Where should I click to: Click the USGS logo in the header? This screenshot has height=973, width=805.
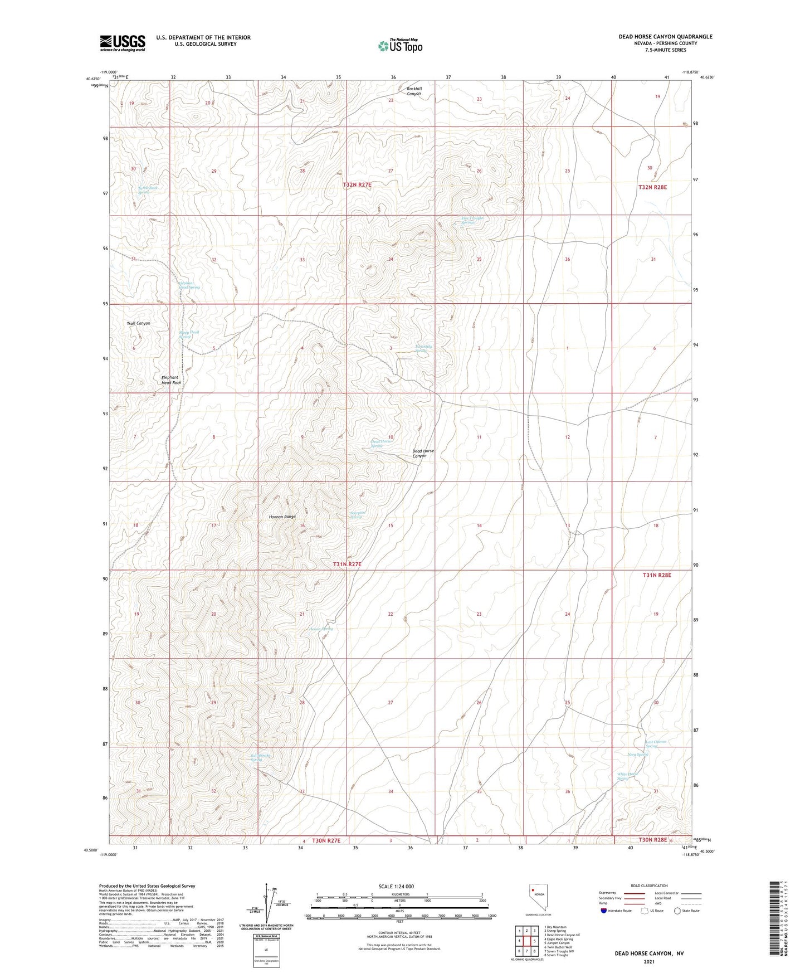[x=122, y=43]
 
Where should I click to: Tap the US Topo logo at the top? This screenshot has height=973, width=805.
[x=399, y=46]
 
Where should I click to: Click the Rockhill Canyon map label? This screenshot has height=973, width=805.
[x=414, y=91]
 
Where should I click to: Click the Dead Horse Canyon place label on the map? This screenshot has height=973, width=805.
[x=423, y=453]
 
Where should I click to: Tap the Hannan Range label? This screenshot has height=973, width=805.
[x=282, y=517]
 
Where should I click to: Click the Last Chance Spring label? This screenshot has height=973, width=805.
[x=656, y=744]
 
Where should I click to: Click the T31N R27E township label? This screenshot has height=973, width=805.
[x=348, y=565]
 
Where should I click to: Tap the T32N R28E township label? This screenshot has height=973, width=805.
[x=652, y=187]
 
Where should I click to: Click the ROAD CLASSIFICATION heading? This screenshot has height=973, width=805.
[x=648, y=886]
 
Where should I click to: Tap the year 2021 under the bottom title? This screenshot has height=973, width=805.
[x=648, y=962]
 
